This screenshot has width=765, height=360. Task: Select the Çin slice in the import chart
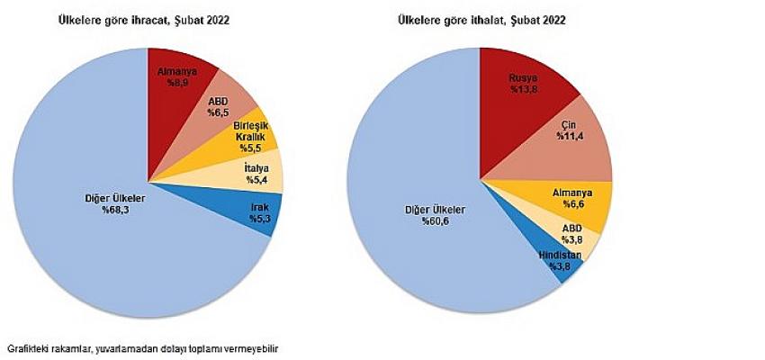571,140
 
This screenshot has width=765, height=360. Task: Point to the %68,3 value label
117,209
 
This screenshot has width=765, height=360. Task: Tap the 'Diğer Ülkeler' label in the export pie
116,197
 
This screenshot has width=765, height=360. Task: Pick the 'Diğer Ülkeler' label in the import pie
435,211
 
